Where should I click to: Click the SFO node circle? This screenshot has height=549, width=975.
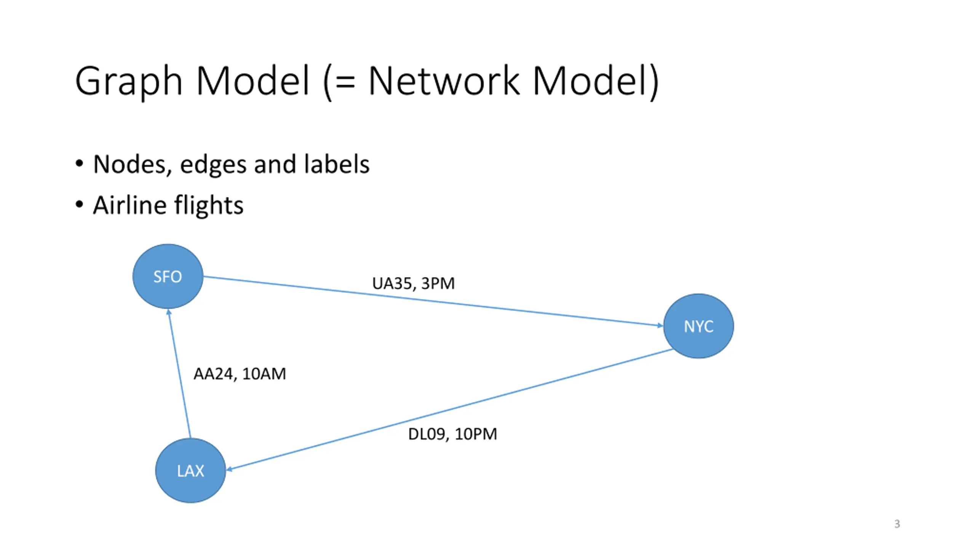[x=168, y=276]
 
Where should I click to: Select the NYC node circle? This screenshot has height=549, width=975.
[x=698, y=326]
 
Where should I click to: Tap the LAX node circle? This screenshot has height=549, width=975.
[x=190, y=470]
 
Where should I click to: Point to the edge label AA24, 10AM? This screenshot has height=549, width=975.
[x=240, y=374]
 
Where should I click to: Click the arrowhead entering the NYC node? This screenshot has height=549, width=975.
[x=660, y=325]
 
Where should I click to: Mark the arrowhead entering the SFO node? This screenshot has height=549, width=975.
[x=169, y=312]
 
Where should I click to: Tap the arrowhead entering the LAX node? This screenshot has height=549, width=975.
[x=230, y=469]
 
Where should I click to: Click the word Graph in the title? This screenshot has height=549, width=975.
[x=129, y=81]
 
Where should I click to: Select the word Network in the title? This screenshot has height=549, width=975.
[x=444, y=80]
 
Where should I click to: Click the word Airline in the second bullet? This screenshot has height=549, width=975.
[x=130, y=205]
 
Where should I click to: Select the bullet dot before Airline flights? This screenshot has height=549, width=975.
[x=79, y=204]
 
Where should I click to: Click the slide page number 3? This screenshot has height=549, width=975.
[x=897, y=524]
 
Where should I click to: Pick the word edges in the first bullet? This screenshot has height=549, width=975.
[x=213, y=165]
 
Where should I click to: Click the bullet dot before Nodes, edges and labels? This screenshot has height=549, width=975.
[x=79, y=164]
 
